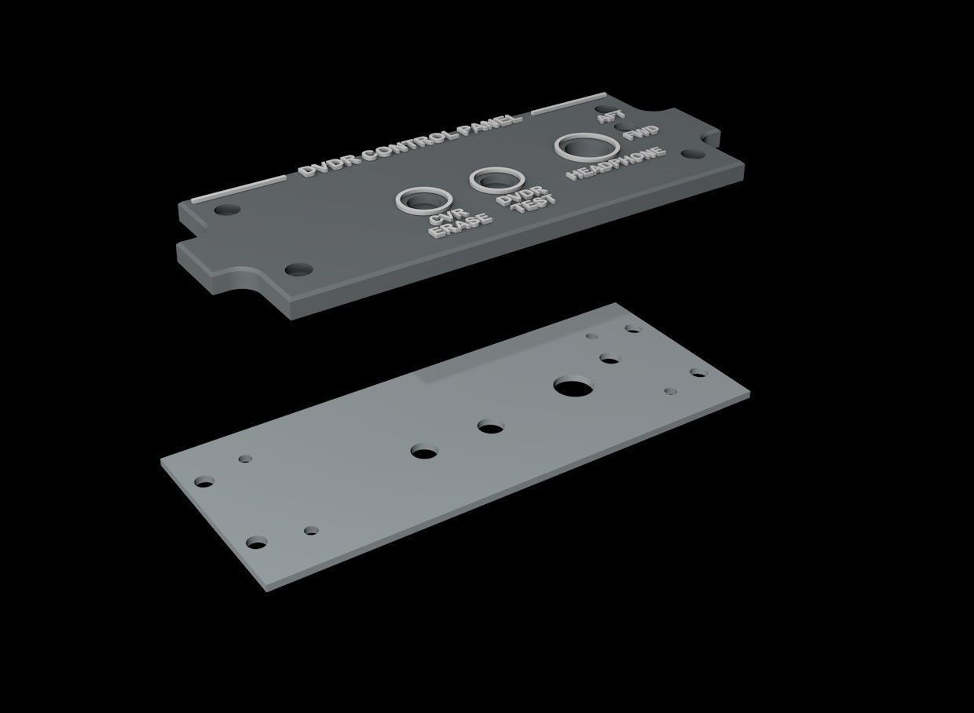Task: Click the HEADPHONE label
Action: pos(617,161)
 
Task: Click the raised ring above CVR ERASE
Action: pos(424,199)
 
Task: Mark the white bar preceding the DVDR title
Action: pos(240,188)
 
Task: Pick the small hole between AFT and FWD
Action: pos(621,126)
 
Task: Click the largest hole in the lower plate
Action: pos(573,386)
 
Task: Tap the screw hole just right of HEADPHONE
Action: pos(691,155)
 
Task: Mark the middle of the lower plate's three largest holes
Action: pos(491,428)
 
